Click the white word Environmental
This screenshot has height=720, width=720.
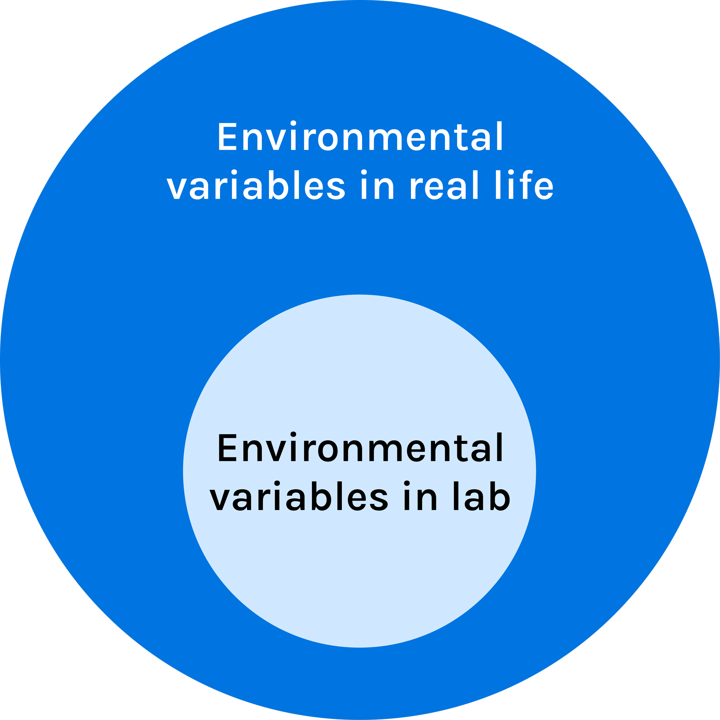[360, 137]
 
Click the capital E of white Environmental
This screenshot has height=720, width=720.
[227, 137]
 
